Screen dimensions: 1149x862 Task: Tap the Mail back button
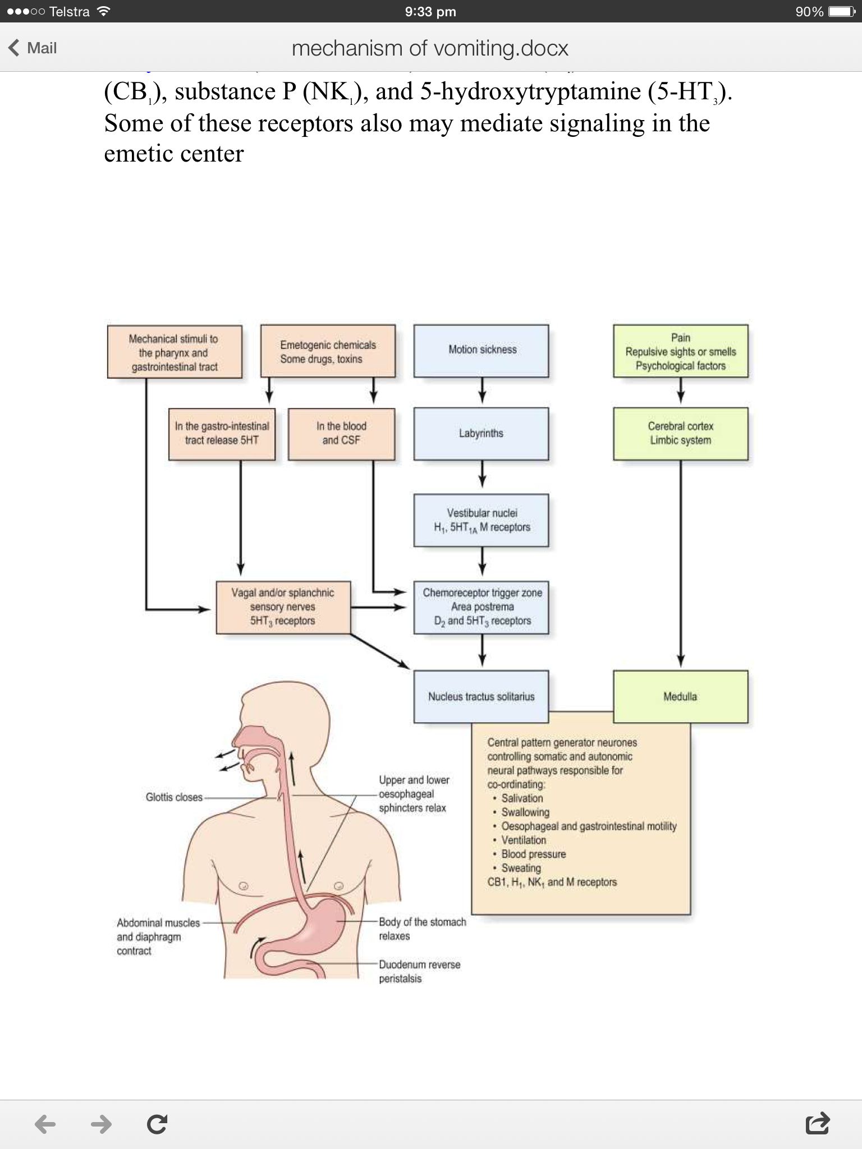click(33, 48)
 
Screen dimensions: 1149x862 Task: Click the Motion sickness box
click(482, 350)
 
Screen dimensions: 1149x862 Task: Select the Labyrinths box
click(482, 434)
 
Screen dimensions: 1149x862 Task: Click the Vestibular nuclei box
click(482, 520)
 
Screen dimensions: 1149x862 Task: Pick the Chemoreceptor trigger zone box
click(482, 607)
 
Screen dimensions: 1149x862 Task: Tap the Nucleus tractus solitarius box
click(481, 696)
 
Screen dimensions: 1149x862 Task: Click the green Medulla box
click(680, 696)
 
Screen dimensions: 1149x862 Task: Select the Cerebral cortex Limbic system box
click(680, 434)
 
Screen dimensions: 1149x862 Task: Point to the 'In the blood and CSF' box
click(341, 434)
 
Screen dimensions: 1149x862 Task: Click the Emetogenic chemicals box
click(328, 351)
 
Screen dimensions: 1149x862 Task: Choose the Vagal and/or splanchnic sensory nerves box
click(283, 607)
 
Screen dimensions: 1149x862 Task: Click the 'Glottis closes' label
click(174, 797)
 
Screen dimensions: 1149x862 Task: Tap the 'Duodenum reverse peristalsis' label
click(419, 971)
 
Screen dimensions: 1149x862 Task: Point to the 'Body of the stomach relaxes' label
click(422, 929)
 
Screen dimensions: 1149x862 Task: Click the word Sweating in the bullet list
click(521, 868)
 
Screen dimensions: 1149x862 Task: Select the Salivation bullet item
click(522, 798)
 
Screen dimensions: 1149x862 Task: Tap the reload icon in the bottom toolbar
click(157, 1124)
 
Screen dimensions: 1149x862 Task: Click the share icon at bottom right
click(817, 1123)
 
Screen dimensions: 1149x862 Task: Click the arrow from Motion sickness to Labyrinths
click(482, 390)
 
